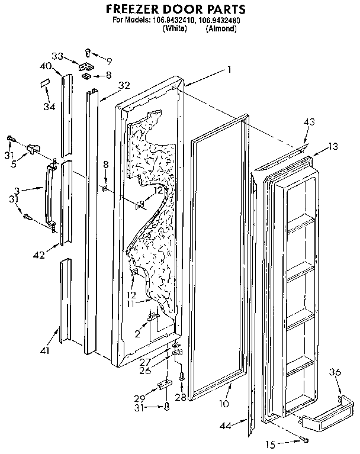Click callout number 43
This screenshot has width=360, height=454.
point(309,122)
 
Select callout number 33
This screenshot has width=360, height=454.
point(57,56)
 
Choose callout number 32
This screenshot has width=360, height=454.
point(123,85)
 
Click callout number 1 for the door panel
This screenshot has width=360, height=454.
point(229,69)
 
